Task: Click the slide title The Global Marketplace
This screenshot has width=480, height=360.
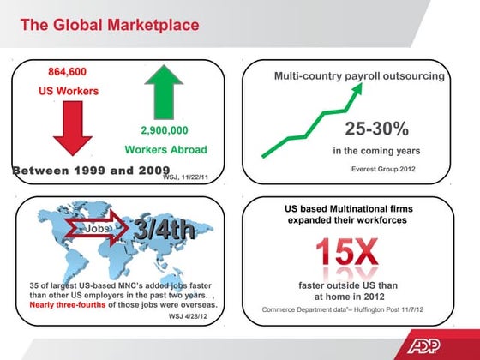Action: pyautogui.click(x=109, y=25)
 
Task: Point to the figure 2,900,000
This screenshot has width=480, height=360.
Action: pyautogui.click(x=164, y=131)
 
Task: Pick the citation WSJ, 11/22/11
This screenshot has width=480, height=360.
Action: pyautogui.click(x=186, y=177)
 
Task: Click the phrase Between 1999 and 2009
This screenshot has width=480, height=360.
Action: pyautogui.click(x=86, y=170)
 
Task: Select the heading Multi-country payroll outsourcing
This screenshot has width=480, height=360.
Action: pyautogui.click(x=359, y=76)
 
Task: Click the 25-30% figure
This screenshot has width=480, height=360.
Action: pyautogui.click(x=376, y=129)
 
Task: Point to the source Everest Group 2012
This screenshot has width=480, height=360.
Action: pyautogui.click(x=383, y=168)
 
